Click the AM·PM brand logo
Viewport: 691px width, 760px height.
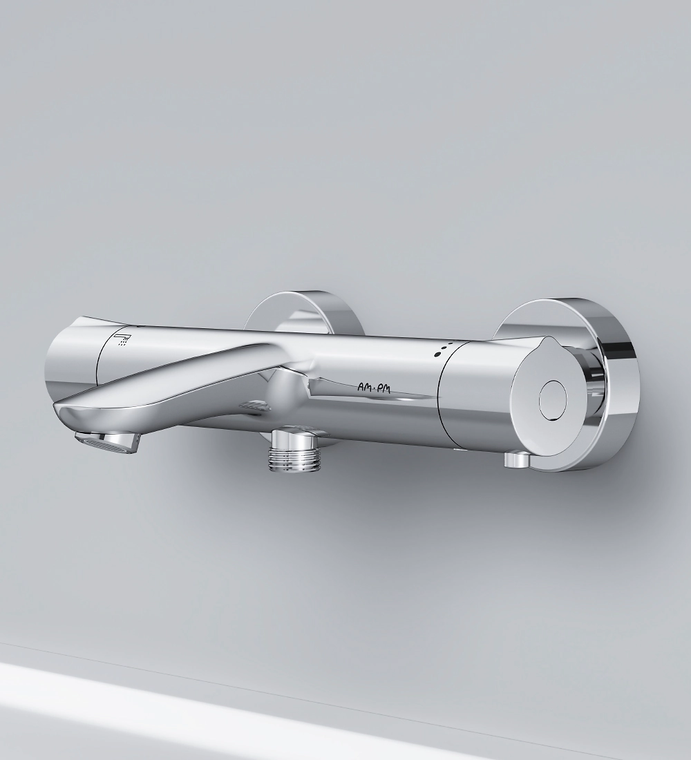pyautogui.click(x=373, y=387)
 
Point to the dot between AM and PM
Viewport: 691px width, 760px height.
pyautogui.click(x=372, y=388)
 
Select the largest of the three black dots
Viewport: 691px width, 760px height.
pyautogui.click(x=438, y=354)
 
